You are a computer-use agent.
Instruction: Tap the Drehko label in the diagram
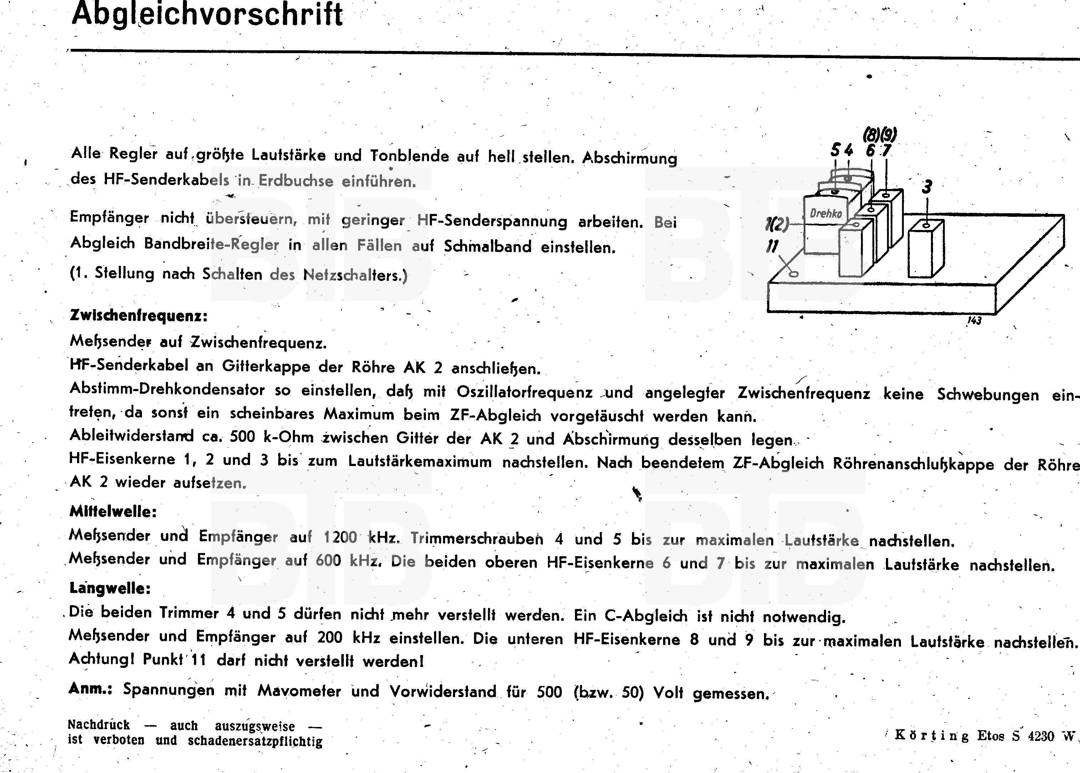pos(826,213)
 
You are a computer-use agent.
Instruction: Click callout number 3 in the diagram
pos(927,188)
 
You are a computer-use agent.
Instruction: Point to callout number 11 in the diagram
pos(772,246)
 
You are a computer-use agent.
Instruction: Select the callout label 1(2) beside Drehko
pos(777,224)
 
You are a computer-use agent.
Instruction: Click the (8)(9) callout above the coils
pos(880,135)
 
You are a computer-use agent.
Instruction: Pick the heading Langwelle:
pos(110,588)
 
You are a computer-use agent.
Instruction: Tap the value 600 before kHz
pos(328,560)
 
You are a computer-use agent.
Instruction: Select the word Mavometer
pos(299,691)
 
